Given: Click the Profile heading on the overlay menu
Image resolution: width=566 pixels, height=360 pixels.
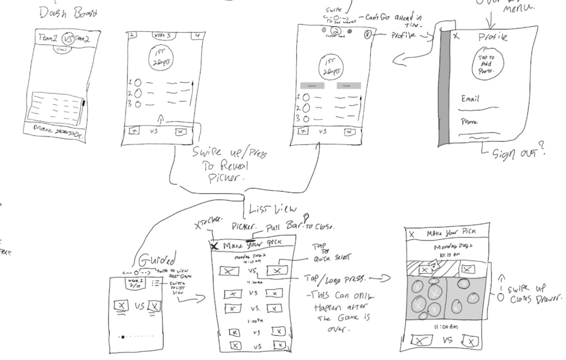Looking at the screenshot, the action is tap(493, 38).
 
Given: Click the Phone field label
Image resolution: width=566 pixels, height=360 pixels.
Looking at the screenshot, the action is tap(468, 121).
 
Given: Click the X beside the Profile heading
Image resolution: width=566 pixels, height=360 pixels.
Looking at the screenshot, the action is tap(457, 38).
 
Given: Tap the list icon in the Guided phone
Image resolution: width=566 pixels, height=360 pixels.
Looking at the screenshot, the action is tap(155, 284).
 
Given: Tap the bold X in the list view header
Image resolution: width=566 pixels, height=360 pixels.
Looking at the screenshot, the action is tap(214, 246).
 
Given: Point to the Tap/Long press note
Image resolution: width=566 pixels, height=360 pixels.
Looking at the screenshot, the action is tap(344, 280).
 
